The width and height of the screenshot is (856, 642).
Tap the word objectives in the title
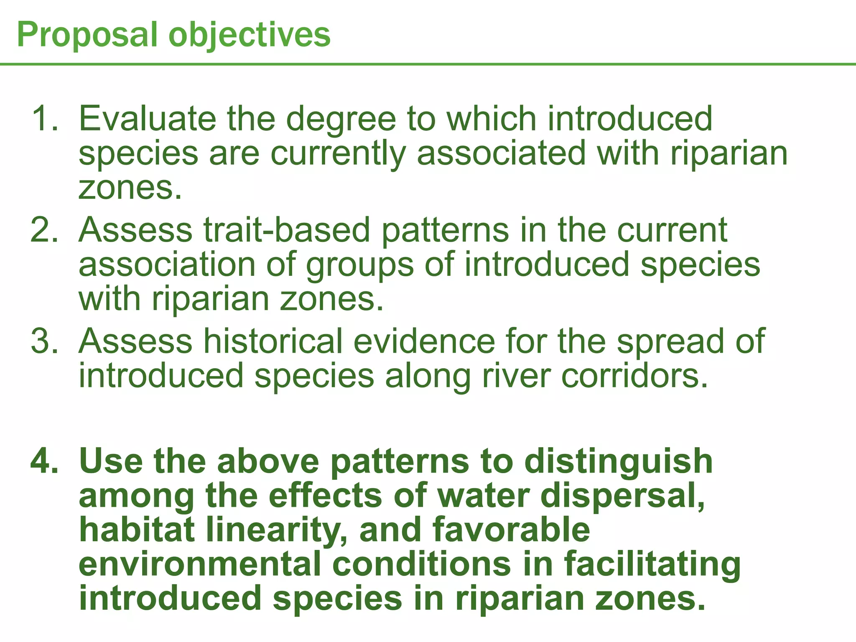click(249, 35)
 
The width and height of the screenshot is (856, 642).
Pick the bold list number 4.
click(44, 461)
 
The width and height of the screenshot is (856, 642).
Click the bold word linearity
click(276, 530)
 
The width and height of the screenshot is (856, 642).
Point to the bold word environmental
click(200, 564)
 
